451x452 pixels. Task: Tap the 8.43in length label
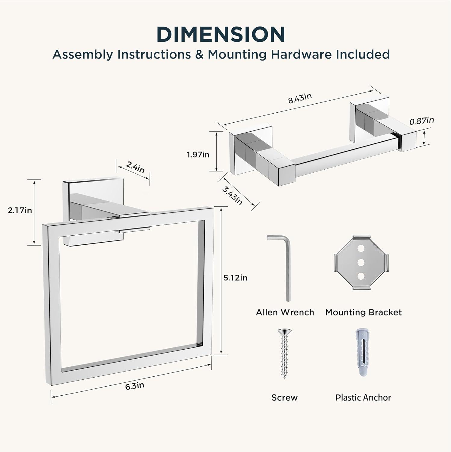300,98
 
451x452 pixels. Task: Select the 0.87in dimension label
422,121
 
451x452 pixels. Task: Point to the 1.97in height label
198,155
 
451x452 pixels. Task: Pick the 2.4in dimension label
135,167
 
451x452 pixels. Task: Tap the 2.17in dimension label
20,210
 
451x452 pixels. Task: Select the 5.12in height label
235,278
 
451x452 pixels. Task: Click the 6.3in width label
135,386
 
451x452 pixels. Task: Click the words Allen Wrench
285,312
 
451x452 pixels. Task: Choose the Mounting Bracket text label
363,312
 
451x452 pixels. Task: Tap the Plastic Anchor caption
363,398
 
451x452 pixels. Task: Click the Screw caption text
284,398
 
